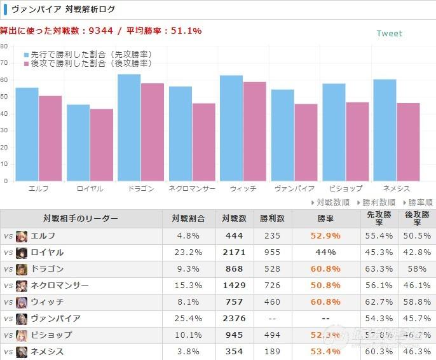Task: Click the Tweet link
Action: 389,34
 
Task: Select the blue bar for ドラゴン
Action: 129,127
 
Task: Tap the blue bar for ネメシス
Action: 385,130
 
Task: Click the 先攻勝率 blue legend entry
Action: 88,55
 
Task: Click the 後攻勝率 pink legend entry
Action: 88,64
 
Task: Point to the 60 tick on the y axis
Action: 4,80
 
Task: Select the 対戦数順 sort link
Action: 330,202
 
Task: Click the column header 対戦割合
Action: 189,219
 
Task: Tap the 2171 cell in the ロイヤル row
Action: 234,253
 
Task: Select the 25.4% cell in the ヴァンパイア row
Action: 189,319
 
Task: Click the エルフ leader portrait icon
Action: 22,236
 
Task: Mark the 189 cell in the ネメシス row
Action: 272,352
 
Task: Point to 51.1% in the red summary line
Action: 186,31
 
